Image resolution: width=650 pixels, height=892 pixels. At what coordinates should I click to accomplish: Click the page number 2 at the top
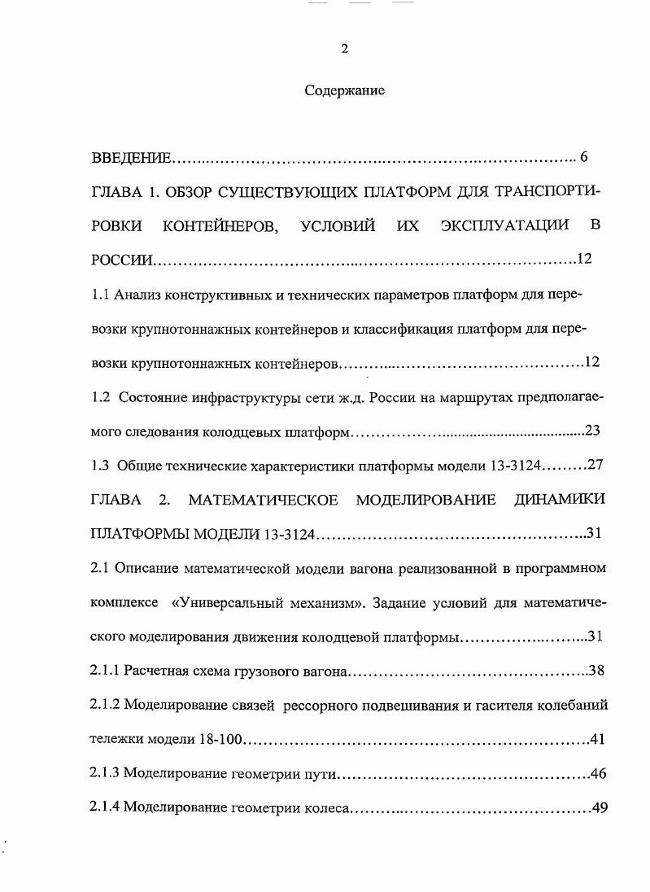[344, 49]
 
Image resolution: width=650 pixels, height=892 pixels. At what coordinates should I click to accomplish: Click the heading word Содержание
[344, 91]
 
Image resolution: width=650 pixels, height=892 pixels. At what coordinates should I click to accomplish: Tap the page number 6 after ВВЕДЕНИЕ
[583, 156]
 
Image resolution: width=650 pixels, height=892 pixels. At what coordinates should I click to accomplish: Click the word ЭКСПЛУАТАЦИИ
[504, 225]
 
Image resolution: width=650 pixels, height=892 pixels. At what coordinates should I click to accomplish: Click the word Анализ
[138, 294]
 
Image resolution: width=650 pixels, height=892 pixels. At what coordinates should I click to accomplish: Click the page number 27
[593, 466]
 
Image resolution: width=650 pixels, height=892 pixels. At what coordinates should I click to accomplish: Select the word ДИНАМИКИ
[561, 500]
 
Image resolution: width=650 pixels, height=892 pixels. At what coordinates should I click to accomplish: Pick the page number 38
[595, 671]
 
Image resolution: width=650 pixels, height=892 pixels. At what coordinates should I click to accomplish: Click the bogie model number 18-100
[222, 740]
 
